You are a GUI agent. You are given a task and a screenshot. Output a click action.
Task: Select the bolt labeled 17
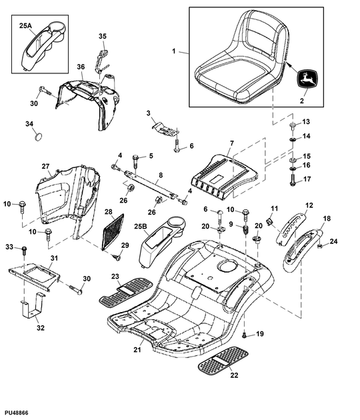pyautogui.click(x=293, y=179)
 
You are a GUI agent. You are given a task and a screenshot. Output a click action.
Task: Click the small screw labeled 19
pyautogui.click(x=245, y=333)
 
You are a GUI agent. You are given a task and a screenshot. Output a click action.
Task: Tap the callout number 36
pyautogui.click(x=80, y=67)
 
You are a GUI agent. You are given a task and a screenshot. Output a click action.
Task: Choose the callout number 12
pyautogui.click(x=309, y=205)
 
